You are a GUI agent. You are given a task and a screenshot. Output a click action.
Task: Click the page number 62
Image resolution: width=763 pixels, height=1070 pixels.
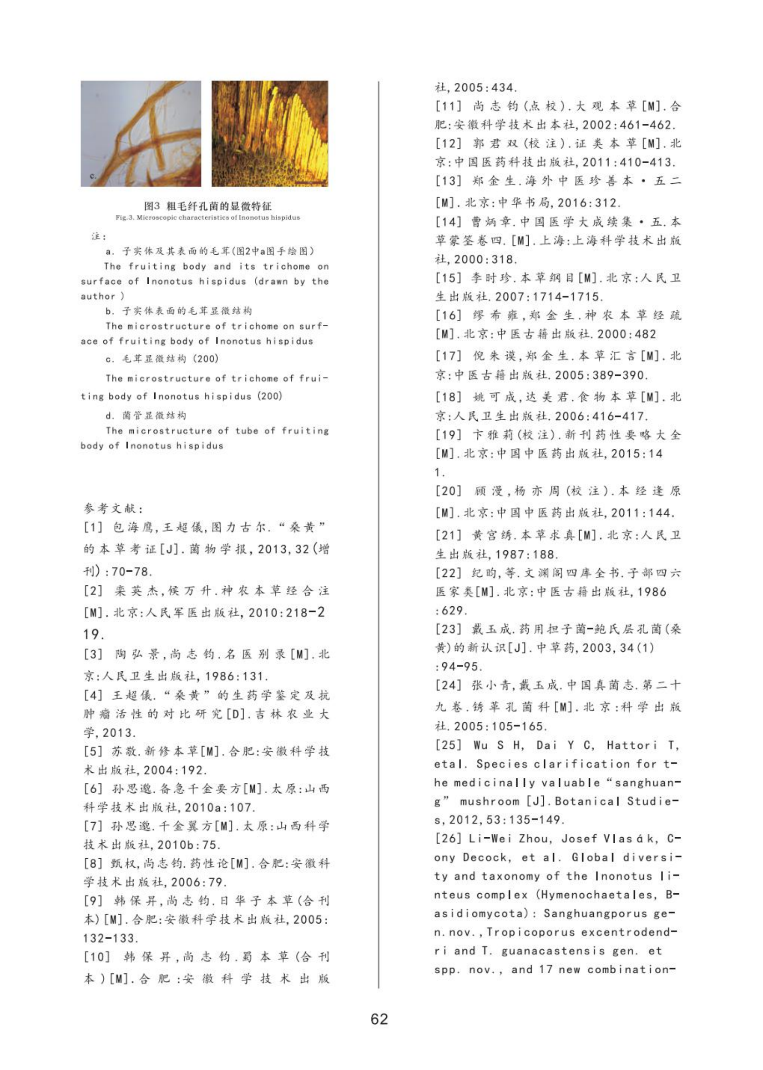(379, 1019)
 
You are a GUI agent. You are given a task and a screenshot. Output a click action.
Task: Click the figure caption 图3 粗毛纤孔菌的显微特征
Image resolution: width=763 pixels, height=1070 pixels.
(208, 206)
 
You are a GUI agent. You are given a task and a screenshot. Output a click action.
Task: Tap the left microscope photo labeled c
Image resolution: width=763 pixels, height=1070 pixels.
(140, 133)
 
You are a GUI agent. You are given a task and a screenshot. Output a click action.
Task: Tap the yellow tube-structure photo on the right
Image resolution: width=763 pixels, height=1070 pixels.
(270, 133)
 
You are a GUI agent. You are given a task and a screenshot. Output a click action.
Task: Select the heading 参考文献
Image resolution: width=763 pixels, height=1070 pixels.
(113, 508)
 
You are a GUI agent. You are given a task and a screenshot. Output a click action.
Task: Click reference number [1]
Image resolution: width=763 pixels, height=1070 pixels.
(93, 527)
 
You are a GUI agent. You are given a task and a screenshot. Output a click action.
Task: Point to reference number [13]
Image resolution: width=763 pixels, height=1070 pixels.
(448, 181)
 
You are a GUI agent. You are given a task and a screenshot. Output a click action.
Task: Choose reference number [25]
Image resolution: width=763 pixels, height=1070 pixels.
(448, 745)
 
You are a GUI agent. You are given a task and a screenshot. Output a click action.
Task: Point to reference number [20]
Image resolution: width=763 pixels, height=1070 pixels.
(448, 491)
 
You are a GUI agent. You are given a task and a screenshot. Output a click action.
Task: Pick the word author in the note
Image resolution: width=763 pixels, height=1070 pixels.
(98, 296)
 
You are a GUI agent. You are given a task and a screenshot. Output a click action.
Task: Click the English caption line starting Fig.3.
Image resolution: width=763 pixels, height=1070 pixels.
(208, 217)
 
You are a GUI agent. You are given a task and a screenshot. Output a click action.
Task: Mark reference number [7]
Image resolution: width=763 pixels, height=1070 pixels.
(93, 826)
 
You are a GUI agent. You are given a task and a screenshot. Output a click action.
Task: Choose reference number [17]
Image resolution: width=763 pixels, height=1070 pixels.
(448, 356)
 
